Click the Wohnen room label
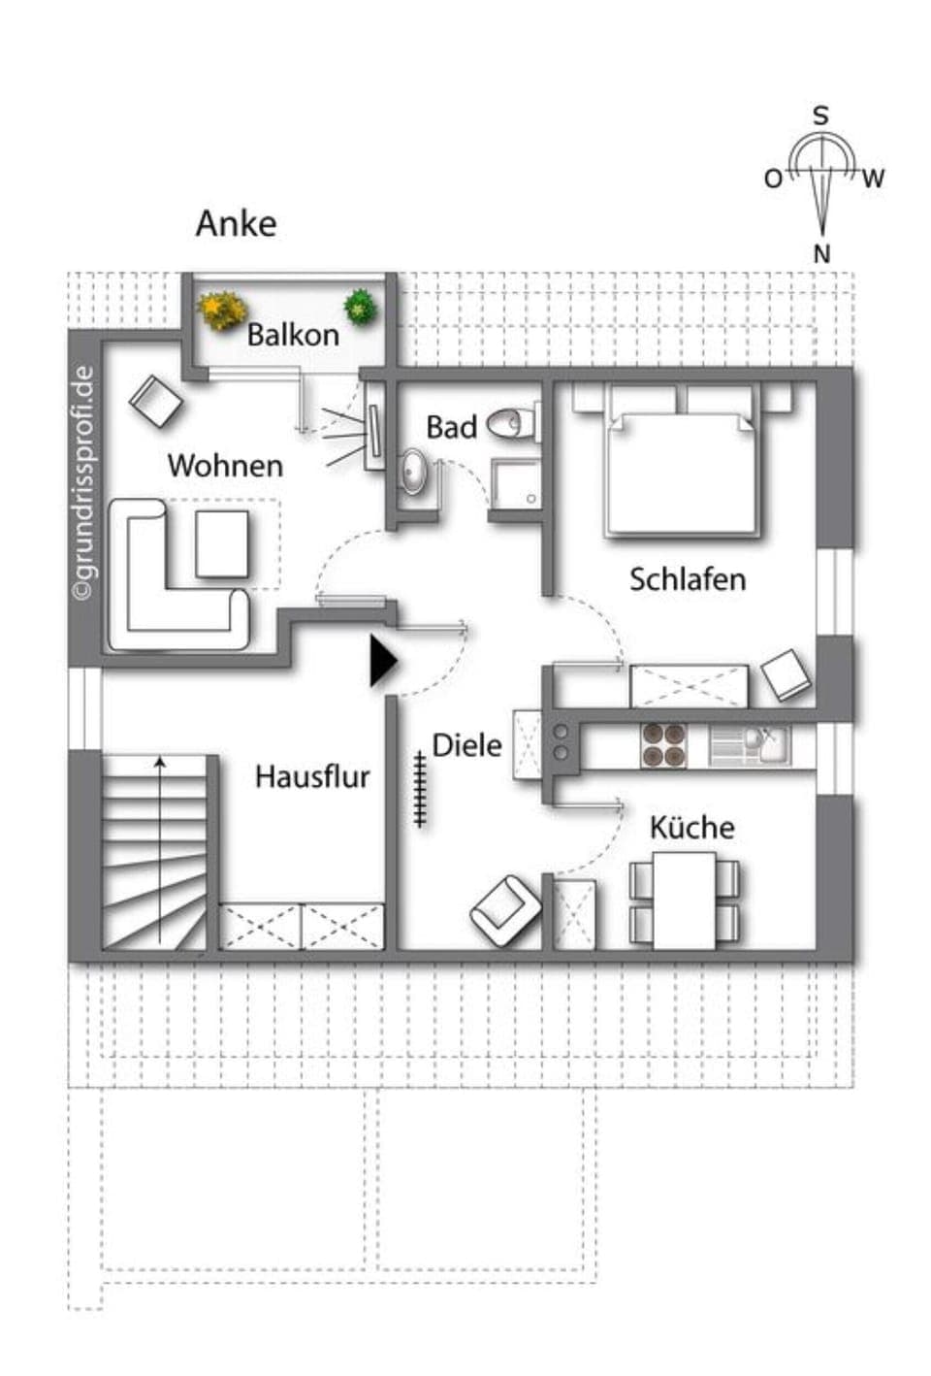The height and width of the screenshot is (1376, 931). pos(225,466)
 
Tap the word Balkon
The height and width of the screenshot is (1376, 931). pos(293,335)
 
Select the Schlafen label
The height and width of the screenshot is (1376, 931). pos(688,579)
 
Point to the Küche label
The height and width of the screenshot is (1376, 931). pos(691,828)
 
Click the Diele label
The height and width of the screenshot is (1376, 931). pos(466,745)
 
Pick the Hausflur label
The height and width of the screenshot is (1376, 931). pos(312,776)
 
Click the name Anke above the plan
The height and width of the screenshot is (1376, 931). pos(236,223)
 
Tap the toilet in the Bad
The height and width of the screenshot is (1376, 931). pos(513,423)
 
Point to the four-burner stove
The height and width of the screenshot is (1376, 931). pos(663,745)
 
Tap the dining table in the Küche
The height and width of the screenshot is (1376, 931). pos(685,900)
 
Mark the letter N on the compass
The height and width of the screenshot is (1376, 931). pos(821,254)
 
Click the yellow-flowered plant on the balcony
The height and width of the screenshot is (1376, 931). pos(219,310)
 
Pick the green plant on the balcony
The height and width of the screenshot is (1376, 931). pos(361,307)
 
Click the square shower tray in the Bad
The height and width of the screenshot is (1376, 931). pos(514,482)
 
